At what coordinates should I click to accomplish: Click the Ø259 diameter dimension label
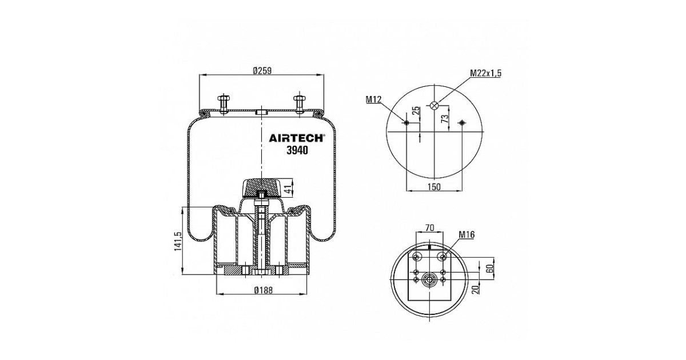(x=262, y=71)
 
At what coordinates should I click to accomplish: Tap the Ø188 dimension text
(x=264, y=290)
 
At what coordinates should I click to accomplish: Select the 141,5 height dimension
(x=178, y=242)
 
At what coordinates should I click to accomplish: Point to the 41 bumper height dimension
(x=287, y=190)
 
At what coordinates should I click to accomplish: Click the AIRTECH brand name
(x=296, y=138)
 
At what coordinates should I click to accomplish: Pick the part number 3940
(x=297, y=150)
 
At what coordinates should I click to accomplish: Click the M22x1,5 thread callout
(x=486, y=73)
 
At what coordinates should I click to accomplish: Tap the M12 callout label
(x=373, y=99)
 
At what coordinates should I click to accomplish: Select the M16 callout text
(x=466, y=235)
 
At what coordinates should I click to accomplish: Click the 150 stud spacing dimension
(x=434, y=186)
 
